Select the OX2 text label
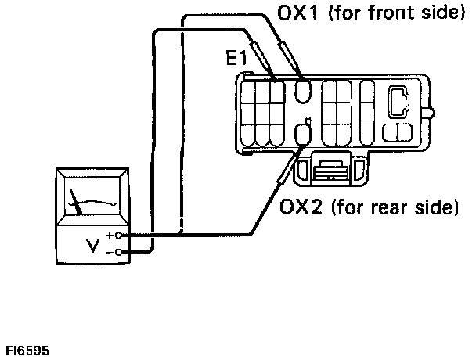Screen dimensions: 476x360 (301, 208)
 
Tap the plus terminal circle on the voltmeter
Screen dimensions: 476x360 (118, 235)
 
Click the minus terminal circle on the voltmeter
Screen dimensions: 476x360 (118, 252)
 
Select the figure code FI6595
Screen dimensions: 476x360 (25, 351)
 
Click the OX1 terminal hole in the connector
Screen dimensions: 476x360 (304, 92)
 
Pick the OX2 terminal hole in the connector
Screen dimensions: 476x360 (308, 128)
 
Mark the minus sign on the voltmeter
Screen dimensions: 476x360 (110, 252)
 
